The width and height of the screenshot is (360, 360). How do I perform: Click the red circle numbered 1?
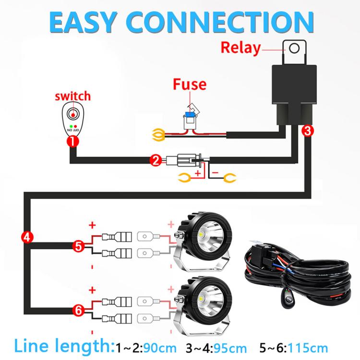[x=73, y=142]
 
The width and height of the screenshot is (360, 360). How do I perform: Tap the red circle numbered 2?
[x=156, y=160]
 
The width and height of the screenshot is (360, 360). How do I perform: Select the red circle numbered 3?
[x=308, y=131]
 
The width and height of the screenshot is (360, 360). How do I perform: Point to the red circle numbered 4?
[x=27, y=237]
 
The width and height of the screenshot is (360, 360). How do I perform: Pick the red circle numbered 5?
[x=79, y=246]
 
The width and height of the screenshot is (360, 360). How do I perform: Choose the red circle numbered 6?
[x=79, y=311]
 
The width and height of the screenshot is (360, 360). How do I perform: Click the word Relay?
[x=240, y=48]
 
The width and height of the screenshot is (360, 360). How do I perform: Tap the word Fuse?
[x=190, y=84]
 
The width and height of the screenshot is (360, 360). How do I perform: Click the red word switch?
[x=73, y=96]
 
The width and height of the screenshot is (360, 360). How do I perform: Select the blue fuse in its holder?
[x=190, y=114]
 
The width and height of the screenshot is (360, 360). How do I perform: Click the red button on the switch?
[x=73, y=114]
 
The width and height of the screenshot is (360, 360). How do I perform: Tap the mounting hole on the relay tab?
[x=294, y=48]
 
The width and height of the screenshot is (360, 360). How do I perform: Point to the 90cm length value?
[x=159, y=348]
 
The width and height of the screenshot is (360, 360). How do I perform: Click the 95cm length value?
[x=230, y=348]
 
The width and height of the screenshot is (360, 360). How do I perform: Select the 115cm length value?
[x=308, y=348]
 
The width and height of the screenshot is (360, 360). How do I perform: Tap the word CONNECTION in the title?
[x=220, y=22]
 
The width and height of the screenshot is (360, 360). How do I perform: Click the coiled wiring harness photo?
[x=298, y=274]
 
